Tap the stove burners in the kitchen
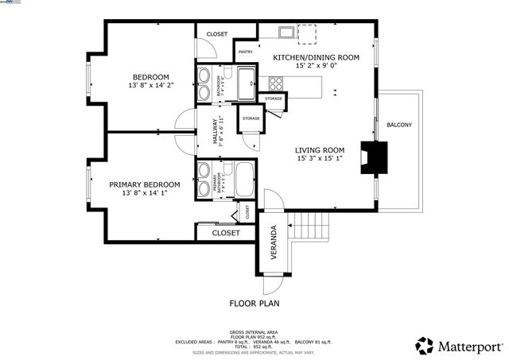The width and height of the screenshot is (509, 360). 277,83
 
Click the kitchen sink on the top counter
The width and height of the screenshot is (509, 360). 287,32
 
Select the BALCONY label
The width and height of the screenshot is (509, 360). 399,125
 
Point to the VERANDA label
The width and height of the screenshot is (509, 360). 274,239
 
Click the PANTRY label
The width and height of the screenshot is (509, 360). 244,52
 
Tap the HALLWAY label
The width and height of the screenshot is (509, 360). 215,130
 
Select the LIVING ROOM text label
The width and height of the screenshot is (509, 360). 319,150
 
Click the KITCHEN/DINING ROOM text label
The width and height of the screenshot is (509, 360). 317,57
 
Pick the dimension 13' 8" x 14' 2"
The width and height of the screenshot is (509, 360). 150,85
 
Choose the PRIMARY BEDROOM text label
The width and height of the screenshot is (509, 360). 145,184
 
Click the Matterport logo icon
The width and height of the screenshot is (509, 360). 425,346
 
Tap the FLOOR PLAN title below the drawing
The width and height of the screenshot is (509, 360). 254,303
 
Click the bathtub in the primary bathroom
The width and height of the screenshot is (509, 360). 240,179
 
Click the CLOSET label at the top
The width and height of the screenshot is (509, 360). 216,34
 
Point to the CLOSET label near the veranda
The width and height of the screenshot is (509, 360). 226,234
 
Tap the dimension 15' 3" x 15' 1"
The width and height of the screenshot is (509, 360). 319,159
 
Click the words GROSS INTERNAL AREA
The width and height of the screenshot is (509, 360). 254,331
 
